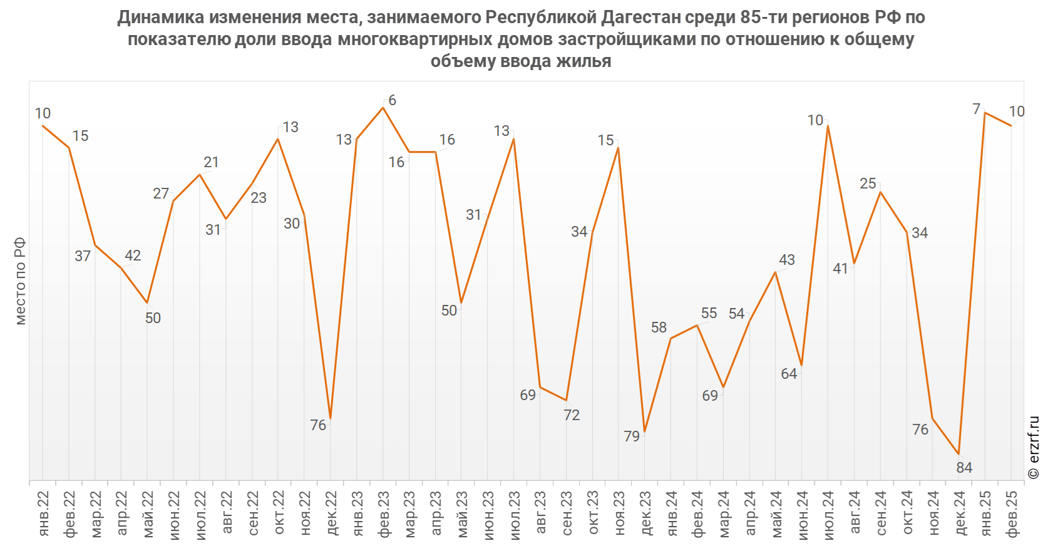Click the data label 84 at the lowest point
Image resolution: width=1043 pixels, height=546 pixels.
pos(964,468)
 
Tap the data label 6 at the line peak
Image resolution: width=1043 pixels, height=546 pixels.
pos(393,100)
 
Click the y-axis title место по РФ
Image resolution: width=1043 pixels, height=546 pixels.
pos(21,281)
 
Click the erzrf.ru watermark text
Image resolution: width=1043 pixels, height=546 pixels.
pos(1034,448)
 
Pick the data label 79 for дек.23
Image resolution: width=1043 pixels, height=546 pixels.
pos(632,436)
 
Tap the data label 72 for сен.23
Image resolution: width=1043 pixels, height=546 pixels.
pos(572,415)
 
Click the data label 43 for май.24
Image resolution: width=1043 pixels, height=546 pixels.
pos(787,260)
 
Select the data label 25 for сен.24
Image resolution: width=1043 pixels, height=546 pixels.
pos(868,183)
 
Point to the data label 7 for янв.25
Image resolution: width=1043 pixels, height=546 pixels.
pos(976,110)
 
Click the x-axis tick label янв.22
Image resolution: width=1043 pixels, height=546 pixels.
pos(44,513)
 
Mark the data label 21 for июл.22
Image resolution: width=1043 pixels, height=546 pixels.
pos(212,162)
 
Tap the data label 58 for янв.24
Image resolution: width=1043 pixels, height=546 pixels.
pos(659,327)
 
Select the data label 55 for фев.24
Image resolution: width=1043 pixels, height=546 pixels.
pos(709,313)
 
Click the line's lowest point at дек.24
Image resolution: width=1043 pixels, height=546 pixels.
pos(958,454)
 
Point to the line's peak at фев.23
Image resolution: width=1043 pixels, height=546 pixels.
pos(383,108)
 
